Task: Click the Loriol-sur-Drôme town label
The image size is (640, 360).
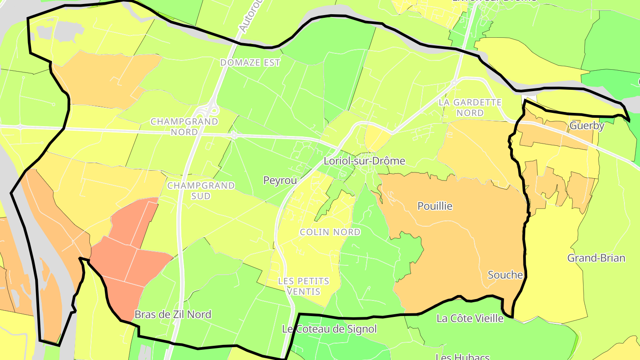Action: coord(364,161)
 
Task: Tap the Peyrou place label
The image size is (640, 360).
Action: coord(280,180)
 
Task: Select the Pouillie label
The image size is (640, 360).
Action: coord(435,206)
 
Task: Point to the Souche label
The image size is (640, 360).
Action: coord(505,275)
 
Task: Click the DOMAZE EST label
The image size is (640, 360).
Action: coord(251,63)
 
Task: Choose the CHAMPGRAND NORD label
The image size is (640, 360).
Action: coord(184,127)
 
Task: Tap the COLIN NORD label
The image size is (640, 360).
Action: coord(330,232)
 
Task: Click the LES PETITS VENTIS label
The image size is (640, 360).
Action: coord(304,286)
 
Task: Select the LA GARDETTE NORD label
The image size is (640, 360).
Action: coord(470,108)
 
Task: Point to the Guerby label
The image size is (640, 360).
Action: coord(587,126)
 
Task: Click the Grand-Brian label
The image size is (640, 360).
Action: coord(596,258)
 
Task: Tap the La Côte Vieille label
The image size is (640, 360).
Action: coord(470,318)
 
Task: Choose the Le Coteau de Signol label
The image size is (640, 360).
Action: coord(330,329)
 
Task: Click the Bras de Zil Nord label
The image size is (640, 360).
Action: coord(173,315)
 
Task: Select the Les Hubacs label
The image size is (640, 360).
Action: coord(463,356)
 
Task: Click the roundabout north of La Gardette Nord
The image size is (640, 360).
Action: coord(454,82)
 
